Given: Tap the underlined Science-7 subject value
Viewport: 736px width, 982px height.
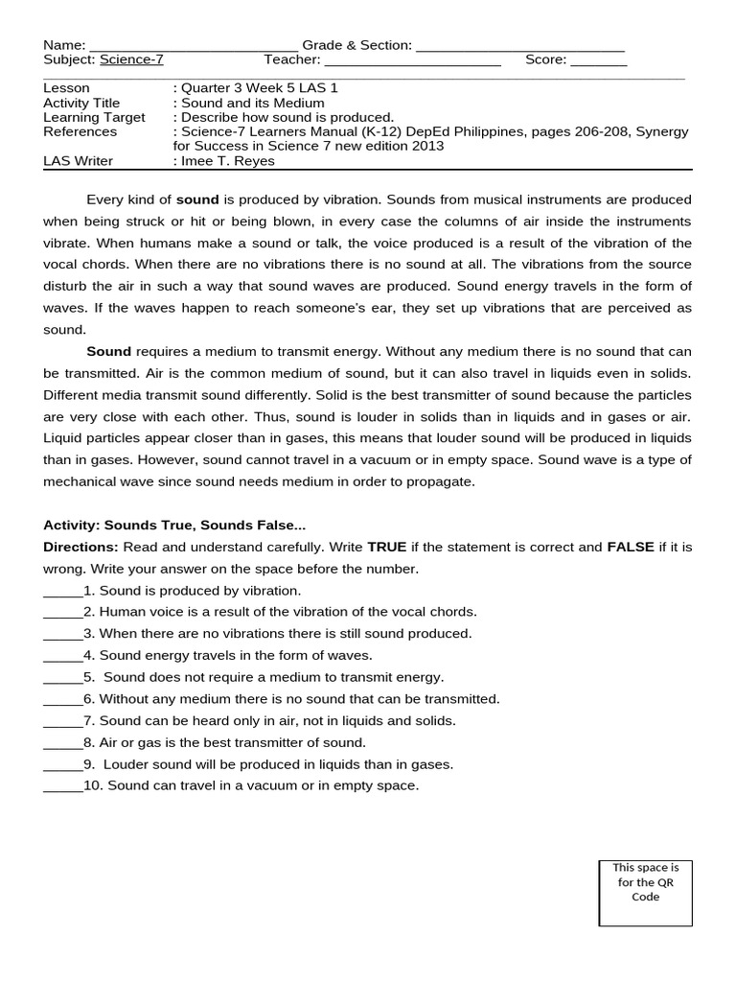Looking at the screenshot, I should pos(131,59).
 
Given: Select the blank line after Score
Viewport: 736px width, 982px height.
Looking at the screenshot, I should pos(599,59).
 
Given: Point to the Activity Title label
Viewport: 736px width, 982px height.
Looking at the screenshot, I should pos(81,103).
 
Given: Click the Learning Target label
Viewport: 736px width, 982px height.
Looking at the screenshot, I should pos(94,117).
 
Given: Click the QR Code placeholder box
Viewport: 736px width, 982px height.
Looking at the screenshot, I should pos(645,893).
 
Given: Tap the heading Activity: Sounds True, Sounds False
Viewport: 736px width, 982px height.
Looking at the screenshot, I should pos(174,525).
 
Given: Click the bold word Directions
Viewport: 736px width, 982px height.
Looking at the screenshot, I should pos(80,547).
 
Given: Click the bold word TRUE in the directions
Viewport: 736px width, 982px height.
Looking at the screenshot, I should pos(387,547).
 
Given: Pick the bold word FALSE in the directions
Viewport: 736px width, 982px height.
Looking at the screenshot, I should pos(630,547).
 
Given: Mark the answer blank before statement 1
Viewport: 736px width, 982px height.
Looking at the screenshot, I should pos(62,591).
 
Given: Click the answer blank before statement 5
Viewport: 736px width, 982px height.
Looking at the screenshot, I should pos(62,677).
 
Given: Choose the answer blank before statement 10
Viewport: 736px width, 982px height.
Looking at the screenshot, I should pos(62,786).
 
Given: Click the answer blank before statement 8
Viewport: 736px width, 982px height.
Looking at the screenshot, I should pos(62,743).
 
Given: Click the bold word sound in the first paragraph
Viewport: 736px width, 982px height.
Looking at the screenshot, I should pos(197,199).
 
